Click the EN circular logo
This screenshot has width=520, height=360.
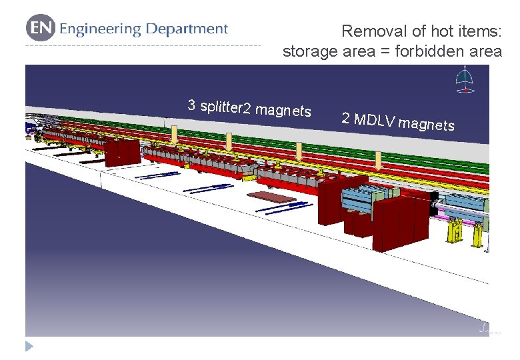pyautogui.click(x=40, y=29)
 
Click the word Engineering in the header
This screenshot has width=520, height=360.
pyautogui.click(x=100, y=29)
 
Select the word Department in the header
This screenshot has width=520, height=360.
pyautogui.click(x=187, y=29)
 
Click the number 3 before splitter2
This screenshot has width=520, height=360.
pyautogui.click(x=191, y=105)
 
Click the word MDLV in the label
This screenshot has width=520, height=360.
pyautogui.click(x=375, y=121)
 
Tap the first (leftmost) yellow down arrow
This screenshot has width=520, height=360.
pyautogui.click(x=174, y=135)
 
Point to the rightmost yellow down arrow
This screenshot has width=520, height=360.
pyautogui.click(x=378, y=160)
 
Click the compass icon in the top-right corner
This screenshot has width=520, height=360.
pyautogui.click(x=465, y=79)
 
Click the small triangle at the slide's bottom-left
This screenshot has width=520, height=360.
pyautogui.click(x=28, y=346)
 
